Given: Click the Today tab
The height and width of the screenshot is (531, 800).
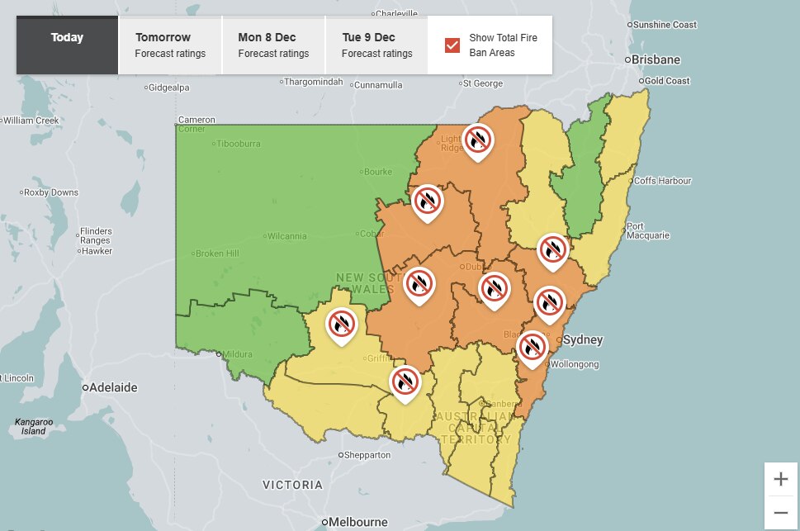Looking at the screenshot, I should [x=66, y=38].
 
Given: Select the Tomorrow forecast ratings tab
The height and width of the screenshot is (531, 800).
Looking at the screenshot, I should [x=170, y=45].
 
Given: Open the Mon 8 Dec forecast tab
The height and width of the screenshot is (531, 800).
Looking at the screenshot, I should [x=273, y=45].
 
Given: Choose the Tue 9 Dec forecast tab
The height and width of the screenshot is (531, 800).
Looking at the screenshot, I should [x=376, y=45].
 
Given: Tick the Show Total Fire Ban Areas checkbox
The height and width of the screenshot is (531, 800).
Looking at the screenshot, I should [x=452, y=45].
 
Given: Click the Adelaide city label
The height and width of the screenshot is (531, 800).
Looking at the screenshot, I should [x=114, y=387].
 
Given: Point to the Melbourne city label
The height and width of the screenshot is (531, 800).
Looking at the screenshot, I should [x=359, y=522].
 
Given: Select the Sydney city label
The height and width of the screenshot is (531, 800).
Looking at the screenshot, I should [x=582, y=340].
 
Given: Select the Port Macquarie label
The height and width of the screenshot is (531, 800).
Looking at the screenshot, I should [x=647, y=230].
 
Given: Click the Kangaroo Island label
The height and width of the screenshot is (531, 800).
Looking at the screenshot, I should [x=33, y=426].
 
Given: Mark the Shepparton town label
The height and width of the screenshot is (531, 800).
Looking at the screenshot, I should [x=368, y=455].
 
